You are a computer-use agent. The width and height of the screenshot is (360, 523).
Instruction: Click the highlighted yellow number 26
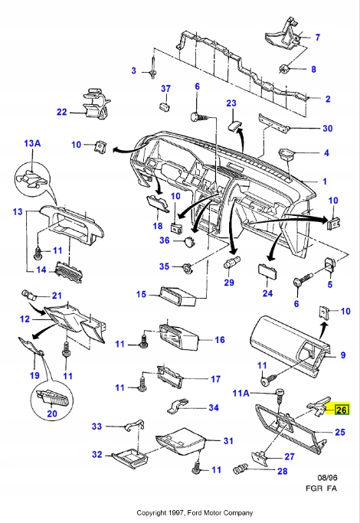pos(341,410)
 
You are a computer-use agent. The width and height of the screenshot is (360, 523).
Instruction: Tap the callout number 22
pos(62,112)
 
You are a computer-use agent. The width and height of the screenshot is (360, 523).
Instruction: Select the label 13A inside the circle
pos(34,143)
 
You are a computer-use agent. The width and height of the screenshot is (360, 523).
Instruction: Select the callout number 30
pos(327,128)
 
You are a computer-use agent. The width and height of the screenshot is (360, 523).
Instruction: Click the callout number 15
pos(141,294)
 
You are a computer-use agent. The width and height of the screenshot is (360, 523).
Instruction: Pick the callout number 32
pos(97,454)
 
